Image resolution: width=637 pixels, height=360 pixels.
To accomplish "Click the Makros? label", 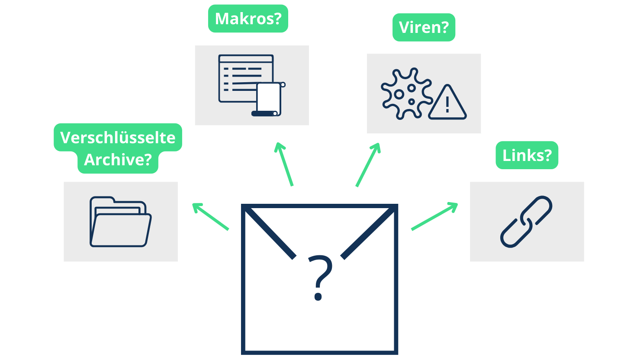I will pyautogui.click(x=248, y=19).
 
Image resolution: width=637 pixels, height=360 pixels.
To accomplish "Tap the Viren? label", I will pyautogui.click(x=424, y=27).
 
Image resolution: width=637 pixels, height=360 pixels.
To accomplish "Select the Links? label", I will pyautogui.click(x=527, y=155).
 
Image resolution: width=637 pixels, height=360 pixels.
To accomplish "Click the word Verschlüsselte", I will pyautogui.click(x=118, y=138).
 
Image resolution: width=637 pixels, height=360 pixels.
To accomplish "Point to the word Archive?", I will pyautogui.click(x=118, y=160).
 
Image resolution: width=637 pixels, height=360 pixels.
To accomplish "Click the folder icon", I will pyautogui.click(x=120, y=222).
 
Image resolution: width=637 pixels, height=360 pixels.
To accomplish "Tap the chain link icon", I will pyautogui.click(x=526, y=222).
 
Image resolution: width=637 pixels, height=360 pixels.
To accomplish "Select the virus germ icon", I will pyautogui.click(x=405, y=93).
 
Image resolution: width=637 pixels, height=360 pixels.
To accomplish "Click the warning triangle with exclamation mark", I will pyautogui.click(x=447, y=103).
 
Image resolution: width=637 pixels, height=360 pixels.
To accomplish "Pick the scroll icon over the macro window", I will pyautogui.click(x=268, y=99).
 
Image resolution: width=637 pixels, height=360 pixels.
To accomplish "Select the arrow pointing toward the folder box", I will pyautogui.click(x=210, y=216).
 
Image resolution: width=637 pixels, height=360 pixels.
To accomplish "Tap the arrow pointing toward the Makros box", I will pyautogui.click(x=284, y=164).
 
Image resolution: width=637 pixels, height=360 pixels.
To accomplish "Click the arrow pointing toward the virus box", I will pyautogui.click(x=368, y=164).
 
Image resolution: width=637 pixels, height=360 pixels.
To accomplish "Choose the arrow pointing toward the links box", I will pyautogui.click(x=434, y=216).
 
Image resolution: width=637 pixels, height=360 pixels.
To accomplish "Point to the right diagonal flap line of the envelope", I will pyautogui.click(x=368, y=233).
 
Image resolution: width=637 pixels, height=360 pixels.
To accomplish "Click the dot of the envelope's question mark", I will pyautogui.click(x=318, y=296).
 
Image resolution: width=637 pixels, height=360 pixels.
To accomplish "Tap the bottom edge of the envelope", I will pyautogui.click(x=319, y=352).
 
